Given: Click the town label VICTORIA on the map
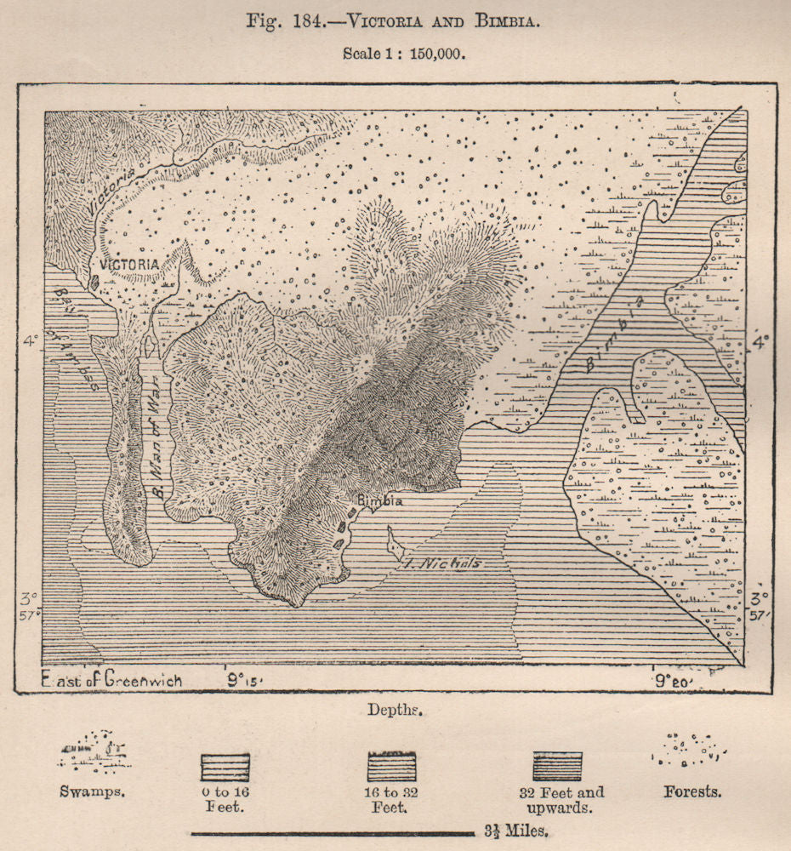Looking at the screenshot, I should pos(129,265).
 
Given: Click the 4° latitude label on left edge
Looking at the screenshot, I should pos(31,341).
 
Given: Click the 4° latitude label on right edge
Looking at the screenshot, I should pos(759,341).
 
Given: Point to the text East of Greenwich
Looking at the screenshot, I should pos(111,680).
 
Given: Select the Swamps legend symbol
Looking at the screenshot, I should pos(94,753).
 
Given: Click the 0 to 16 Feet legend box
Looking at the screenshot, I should pos(225,766).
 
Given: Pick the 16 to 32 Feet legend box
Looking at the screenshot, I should pos(391,766).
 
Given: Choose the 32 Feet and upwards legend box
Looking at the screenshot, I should pos(557,766).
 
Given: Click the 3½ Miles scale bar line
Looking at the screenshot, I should pos(332,832).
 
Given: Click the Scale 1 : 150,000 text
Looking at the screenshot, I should pos(404,53).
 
